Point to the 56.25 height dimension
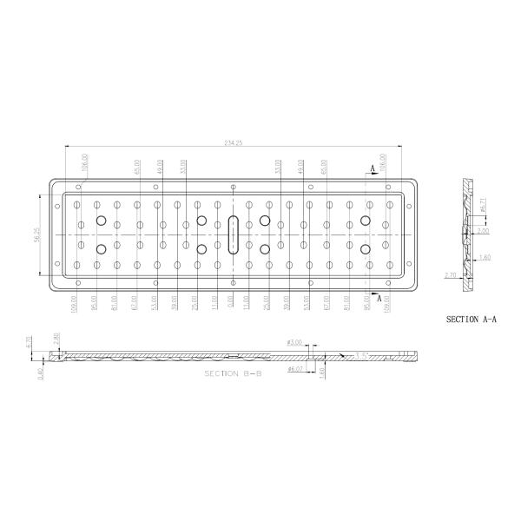tap(36, 235)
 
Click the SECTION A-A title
tap(473, 320)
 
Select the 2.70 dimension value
tap(450, 274)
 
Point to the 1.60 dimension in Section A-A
tap(484, 258)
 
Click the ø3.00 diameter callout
tap(294, 343)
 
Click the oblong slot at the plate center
tap(232, 235)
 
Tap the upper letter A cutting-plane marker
tap(372, 166)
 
